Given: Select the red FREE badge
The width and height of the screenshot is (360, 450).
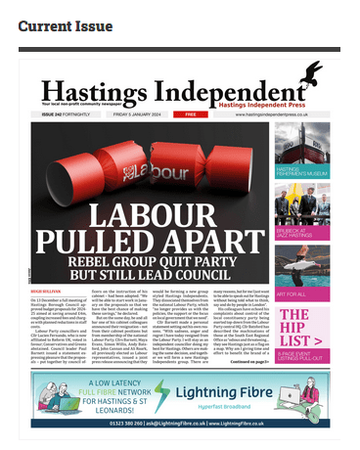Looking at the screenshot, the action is pos(192,114).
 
